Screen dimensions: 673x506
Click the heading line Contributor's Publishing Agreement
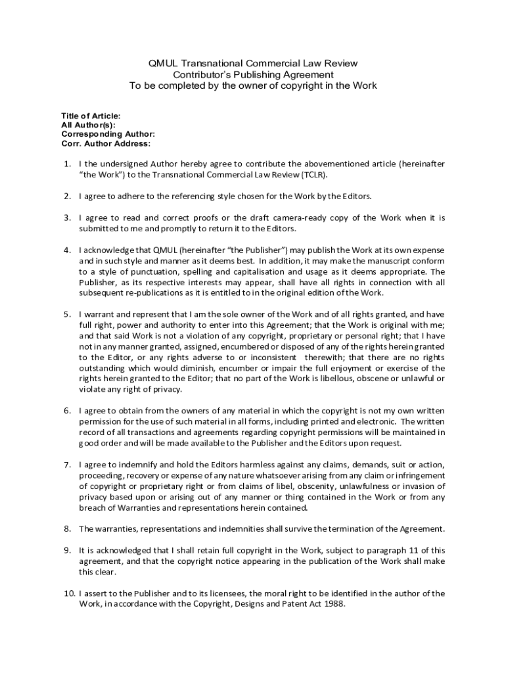coord(252,75)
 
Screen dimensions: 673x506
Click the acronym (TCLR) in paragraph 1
coord(313,175)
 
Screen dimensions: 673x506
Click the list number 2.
coord(67,196)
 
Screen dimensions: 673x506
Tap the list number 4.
coord(67,250)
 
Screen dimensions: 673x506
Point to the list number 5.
coord(67,314)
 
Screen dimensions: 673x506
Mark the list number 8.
coord(67,528)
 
